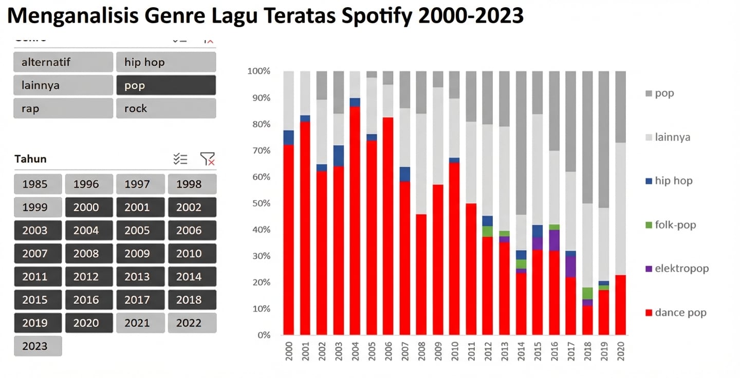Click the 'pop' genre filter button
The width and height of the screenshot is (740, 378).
(x=166, y=85)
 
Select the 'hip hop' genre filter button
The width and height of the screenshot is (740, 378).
(x=166, y=62)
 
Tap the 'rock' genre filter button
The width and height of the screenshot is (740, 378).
(x=166, y=108)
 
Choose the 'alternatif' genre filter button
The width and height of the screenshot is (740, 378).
(x=63, y=62)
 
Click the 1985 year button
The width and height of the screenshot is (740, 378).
(x=38, y=184)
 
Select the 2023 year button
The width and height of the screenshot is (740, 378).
(x=38, y=346)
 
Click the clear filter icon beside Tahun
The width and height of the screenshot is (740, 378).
(x=208, y=159)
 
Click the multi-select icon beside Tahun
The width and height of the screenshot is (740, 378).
(x=180, y=159)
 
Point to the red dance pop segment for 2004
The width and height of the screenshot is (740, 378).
(x=355, y=221)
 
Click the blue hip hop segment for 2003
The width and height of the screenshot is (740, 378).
(x=339, y=156)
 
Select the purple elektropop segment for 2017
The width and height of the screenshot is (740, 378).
(x=570, y=267)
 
